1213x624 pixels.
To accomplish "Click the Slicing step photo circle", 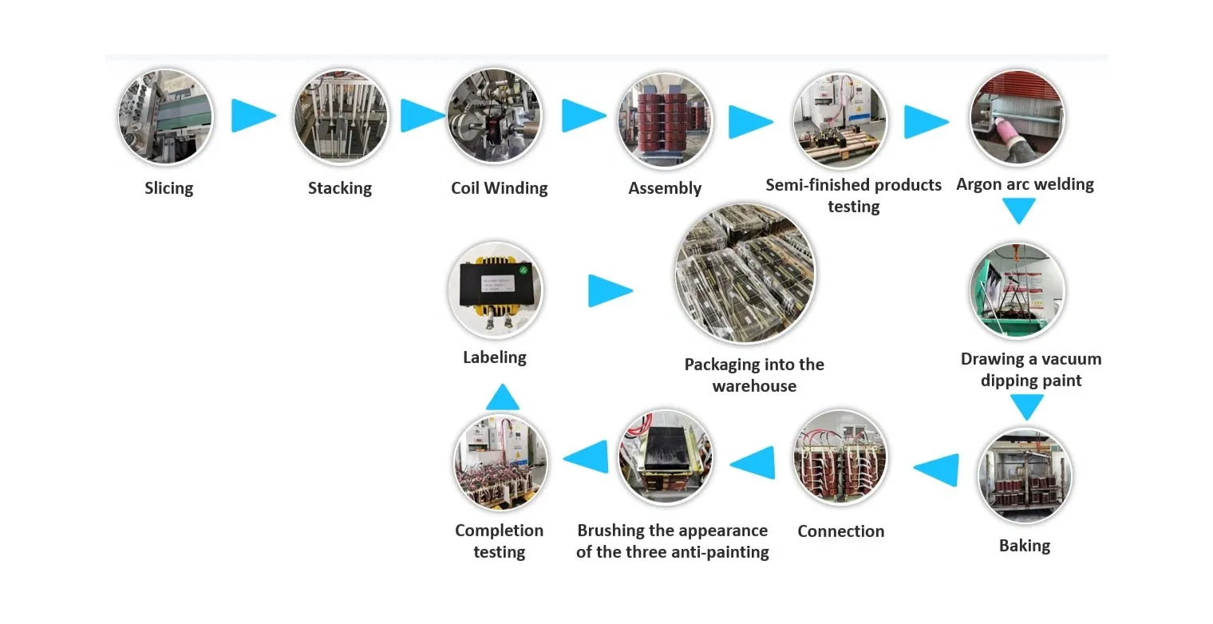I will point(166,117).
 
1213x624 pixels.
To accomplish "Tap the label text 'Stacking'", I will point(340,188).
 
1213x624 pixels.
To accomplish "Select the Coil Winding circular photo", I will point(495,117).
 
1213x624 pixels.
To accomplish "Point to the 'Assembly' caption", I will point(665,188).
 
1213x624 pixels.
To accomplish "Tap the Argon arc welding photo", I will point(1017,117).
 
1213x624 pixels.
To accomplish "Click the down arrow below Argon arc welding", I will point(1019,211).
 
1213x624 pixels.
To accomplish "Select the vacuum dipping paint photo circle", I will point(1017,290).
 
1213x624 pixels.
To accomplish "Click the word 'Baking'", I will point(1025,546).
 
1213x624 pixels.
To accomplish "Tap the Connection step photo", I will point(840,458).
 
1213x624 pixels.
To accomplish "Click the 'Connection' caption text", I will point(840,531).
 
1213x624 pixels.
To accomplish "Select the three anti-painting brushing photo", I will point(666,458).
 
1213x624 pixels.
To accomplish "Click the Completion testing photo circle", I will point(500,462).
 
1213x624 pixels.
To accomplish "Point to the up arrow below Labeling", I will point(502,397).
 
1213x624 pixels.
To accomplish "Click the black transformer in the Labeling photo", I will point(495,286).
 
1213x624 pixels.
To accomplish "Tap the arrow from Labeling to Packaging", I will point(609,290).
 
